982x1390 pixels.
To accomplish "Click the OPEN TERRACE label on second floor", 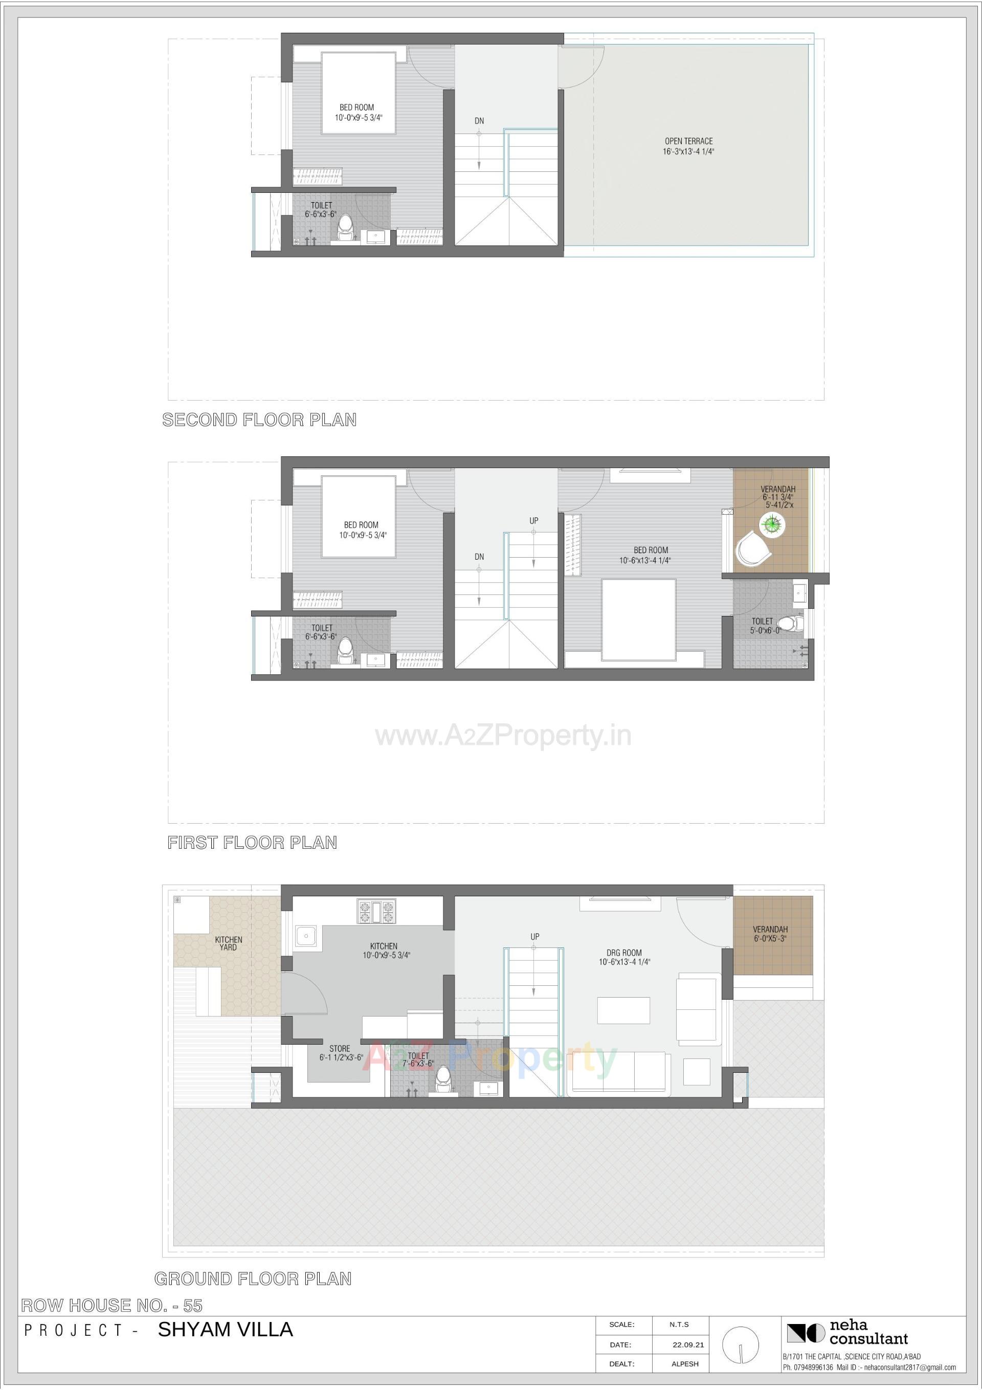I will tap(688, 146).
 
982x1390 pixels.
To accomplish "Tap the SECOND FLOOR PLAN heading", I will tap(259, 420).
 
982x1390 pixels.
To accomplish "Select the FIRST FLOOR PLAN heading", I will tap(252, 842).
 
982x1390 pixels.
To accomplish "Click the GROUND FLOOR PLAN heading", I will tap(253, 1278).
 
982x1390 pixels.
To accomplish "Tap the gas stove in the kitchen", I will tap(376, 912).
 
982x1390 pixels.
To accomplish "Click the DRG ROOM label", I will tap(624, 957).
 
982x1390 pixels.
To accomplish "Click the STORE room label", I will tap(340, 1053).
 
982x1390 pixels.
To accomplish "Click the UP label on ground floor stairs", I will tap(534, 937).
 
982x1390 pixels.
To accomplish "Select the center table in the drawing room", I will tap(623, 1010).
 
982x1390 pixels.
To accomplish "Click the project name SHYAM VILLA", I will tap(225, 1330).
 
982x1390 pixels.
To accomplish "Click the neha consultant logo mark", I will tap(805, 1333).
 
